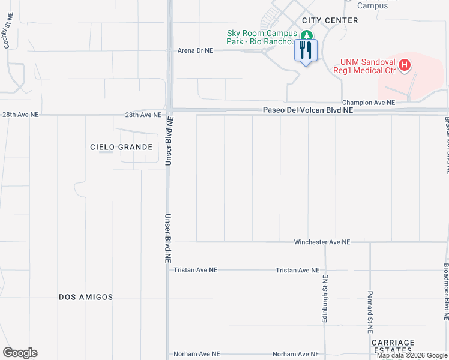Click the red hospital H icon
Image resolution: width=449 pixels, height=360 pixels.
[405, 65]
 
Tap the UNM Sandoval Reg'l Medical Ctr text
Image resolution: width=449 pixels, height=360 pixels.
[368, 66]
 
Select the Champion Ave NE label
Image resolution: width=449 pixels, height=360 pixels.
[369, 103]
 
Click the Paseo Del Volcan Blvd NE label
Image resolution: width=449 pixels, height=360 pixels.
[307, 110]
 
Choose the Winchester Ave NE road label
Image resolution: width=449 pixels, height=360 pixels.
[322, 242]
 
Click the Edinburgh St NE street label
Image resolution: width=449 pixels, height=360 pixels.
[325, 299]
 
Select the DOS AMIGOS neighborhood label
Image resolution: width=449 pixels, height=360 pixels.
[86, 297]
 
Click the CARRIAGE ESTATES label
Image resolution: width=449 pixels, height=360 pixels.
[393, 347]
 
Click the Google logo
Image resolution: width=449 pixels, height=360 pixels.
[20, 353]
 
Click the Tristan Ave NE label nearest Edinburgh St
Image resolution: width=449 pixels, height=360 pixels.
[297, 270]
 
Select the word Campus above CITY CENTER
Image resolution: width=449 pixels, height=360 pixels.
[372, 5]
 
